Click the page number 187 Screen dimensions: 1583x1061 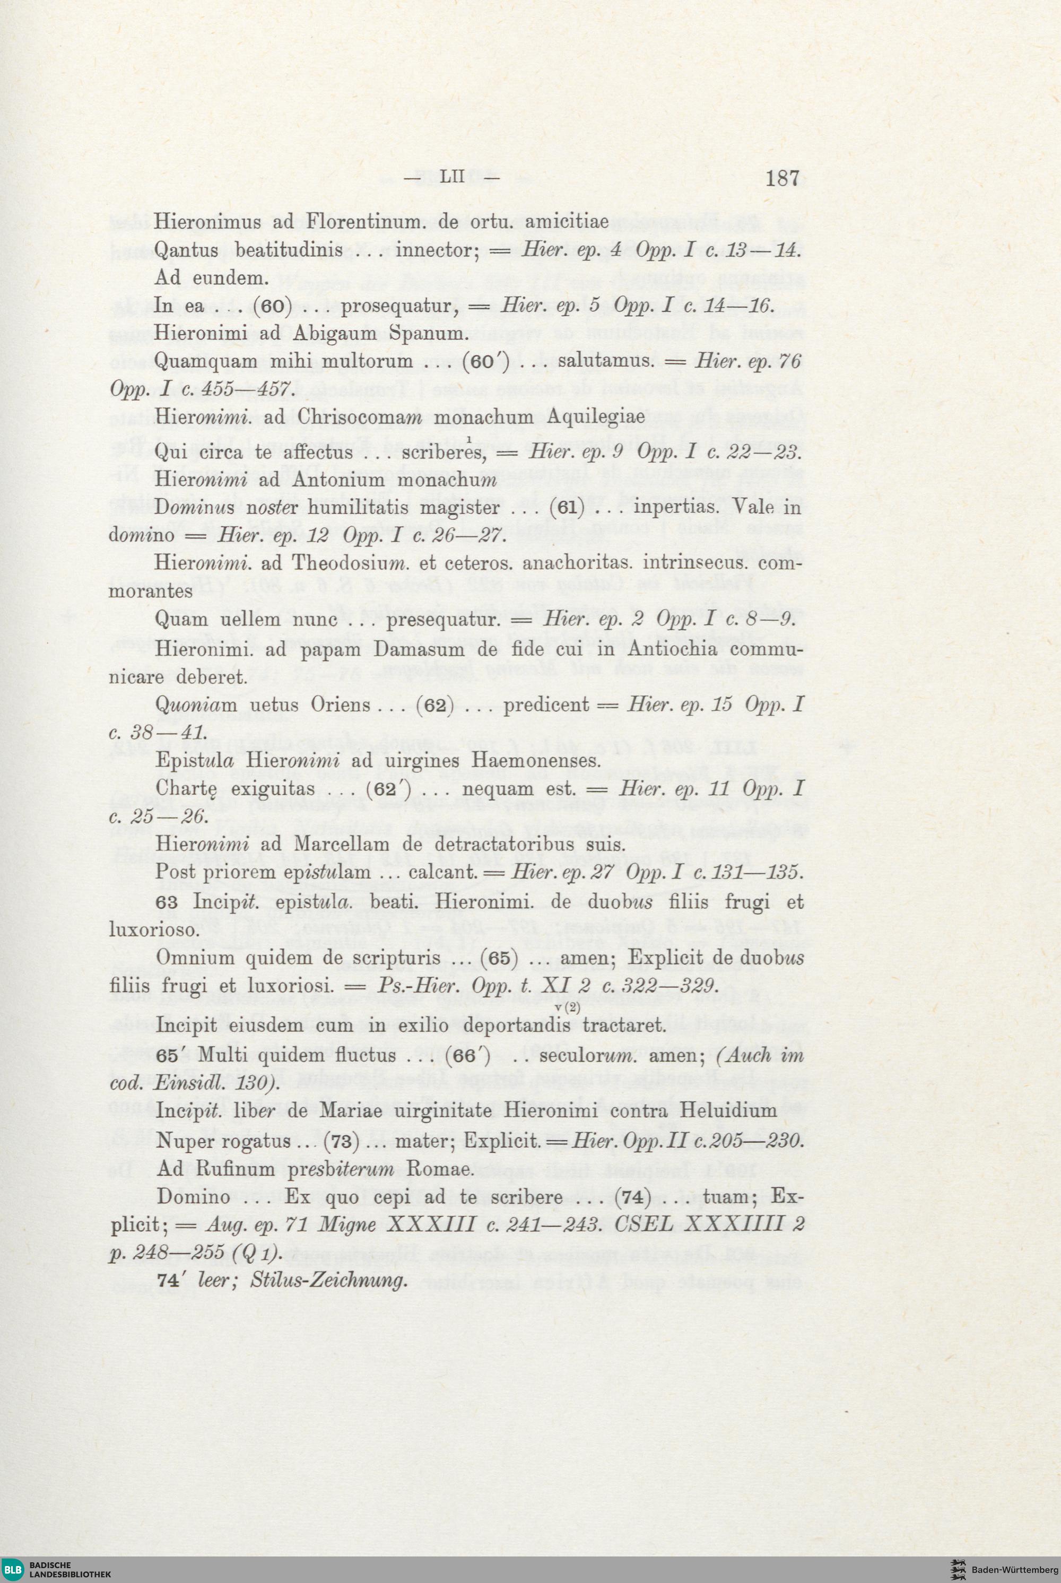(x=783, y=179)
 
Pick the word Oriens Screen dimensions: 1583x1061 (x=341, y=705)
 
